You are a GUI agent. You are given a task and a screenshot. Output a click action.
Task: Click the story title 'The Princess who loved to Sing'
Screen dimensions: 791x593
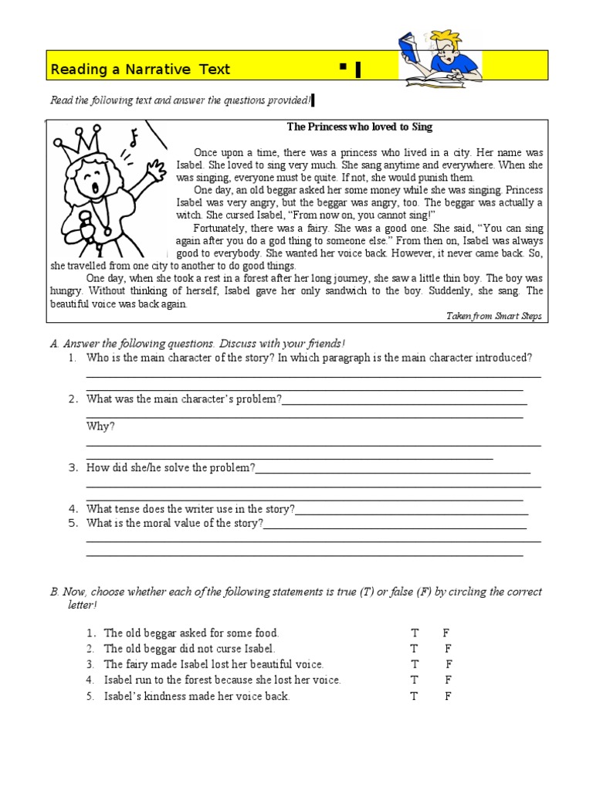pos(359,127)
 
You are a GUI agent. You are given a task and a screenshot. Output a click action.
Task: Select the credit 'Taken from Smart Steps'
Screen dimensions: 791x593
pos(494,316)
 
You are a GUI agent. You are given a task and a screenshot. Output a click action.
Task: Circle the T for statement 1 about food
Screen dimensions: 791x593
pos(415,633)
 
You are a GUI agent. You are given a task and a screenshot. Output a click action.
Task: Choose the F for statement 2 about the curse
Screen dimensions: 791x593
pos(449,649)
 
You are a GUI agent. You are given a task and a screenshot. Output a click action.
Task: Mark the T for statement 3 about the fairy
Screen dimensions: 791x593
pos(415,664)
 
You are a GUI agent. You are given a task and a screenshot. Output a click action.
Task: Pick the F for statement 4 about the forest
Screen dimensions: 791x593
pos(449,680)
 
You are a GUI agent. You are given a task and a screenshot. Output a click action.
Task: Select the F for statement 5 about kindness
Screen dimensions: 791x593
pos(449,696)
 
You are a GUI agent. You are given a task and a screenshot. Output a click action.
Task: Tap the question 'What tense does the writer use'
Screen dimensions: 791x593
pos(190,509)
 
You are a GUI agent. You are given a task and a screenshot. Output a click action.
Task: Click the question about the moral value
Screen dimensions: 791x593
pos(175,524)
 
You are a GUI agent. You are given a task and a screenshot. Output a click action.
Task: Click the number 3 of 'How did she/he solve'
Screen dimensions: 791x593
pos(72,468)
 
